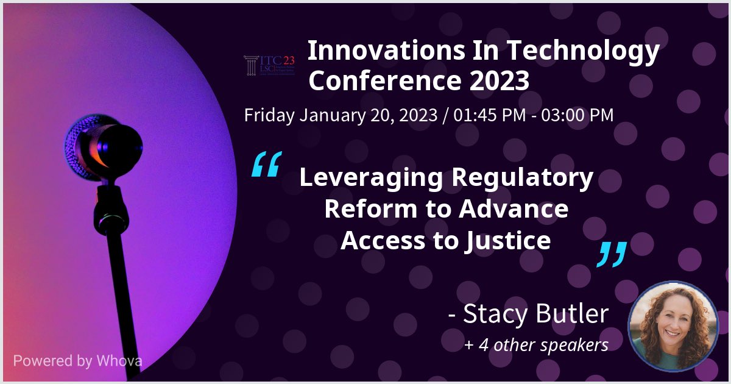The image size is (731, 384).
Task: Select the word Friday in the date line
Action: tap(269, 115)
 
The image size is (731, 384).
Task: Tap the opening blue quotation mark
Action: tap(266, 165)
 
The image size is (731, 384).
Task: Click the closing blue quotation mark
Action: tap(611, 254)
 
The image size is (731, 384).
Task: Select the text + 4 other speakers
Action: tap(536, 345)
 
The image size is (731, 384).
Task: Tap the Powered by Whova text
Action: tap(77, 360)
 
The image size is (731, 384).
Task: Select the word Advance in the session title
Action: tap(514, 209)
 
